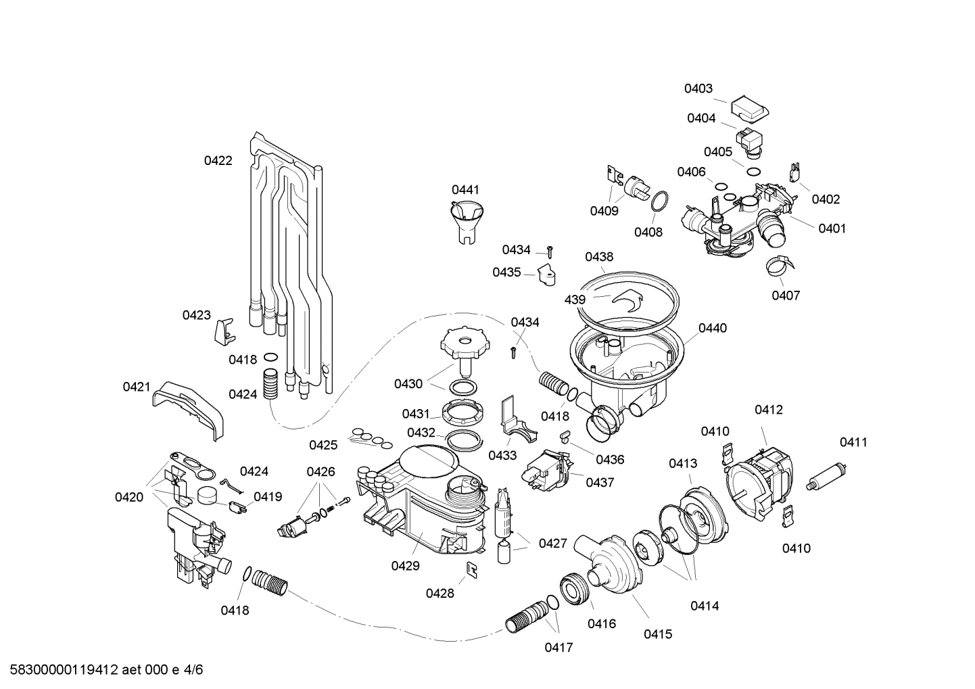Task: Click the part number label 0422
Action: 218,161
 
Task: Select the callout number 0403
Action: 698,89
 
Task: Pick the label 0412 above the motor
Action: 769,410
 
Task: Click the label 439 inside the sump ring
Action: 575,299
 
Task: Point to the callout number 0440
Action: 712,329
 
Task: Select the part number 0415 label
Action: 657,634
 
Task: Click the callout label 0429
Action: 405,566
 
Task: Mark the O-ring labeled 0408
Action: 660,201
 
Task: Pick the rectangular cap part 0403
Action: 750,107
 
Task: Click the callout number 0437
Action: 600,483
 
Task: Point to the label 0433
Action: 502,456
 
